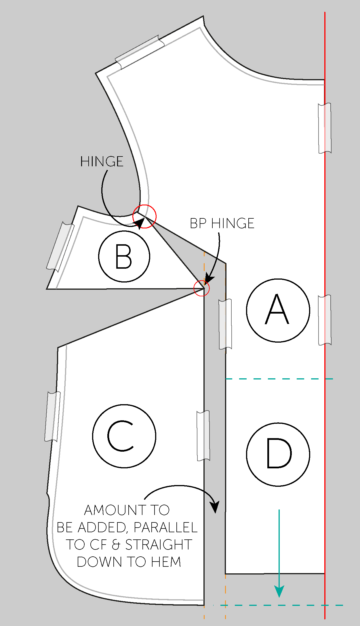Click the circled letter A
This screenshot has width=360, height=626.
click(278, 310)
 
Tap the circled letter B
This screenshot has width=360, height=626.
click(124, 256)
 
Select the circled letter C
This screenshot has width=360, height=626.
click(124, 436)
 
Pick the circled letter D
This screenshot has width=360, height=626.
click(278, 454)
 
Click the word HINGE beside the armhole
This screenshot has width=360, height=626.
click(102, 161)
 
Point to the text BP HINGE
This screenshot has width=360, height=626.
click(222, 224)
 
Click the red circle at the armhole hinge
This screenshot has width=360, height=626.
click(144, 216)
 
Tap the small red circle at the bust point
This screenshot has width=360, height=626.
click(201, 288)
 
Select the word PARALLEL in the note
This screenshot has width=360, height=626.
click(165, 528)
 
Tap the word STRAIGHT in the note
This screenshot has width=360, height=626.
click(159, 545)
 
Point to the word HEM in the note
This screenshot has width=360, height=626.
click(166, 562)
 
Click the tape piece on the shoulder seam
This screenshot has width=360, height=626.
click(140, 52)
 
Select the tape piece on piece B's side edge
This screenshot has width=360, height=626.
click(60, 247)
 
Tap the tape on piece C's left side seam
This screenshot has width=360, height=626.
click(52, 416)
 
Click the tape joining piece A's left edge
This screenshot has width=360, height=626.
click(225, 324)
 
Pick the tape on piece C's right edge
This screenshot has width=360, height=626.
click(203, 436)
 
